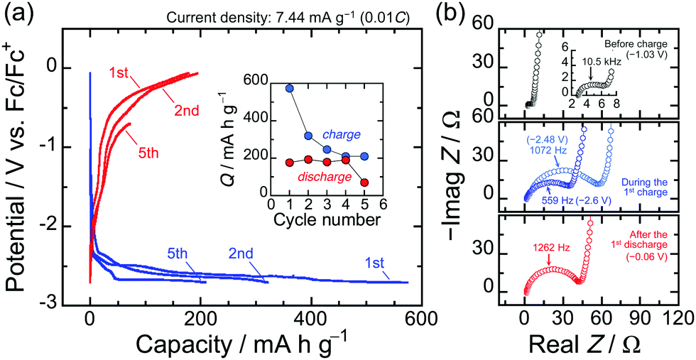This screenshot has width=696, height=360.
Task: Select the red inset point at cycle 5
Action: pos(364,182)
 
